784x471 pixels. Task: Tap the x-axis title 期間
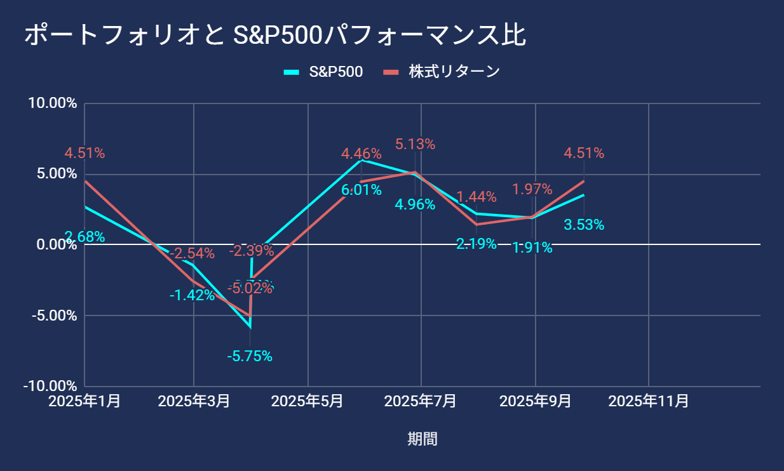[x=422, y=439]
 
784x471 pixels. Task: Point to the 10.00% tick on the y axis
[x=53, y=103]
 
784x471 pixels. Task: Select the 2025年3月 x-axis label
[x=193, y=401]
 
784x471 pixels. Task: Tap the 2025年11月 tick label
[x=648, y=401]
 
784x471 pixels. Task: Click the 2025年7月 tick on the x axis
[x=421, y=401]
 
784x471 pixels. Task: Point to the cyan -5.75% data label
[x=250, y=357]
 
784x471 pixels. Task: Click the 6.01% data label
[x=362, y=190]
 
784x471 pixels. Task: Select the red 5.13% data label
[x=415, y=144]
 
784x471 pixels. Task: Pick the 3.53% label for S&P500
[x=584, y=225]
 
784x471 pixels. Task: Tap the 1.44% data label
[x=476, y=196]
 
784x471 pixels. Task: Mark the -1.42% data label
[x=192, y=295]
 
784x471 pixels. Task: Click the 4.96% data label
[x=415, y=204]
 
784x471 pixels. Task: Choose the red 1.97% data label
[x=532, y=189]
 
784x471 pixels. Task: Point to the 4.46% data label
[x=361, y=153]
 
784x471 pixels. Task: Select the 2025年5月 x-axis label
[x=308, y=401]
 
